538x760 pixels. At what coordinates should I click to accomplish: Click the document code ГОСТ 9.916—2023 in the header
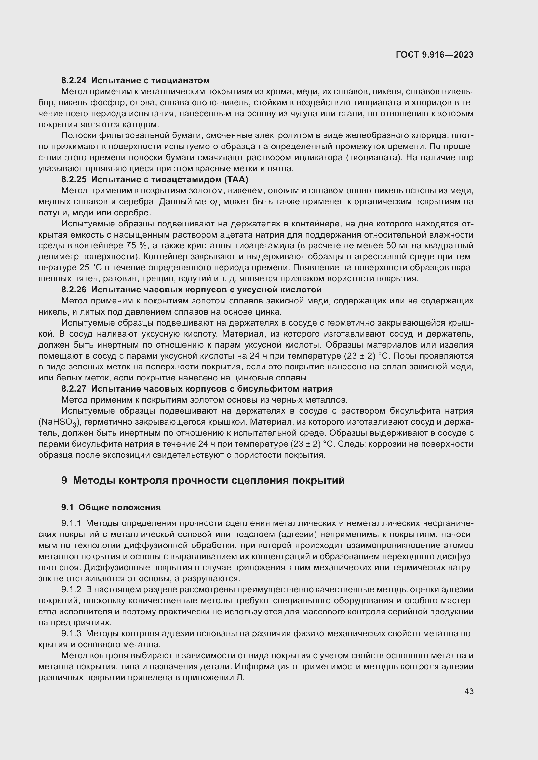[x=434, y=55]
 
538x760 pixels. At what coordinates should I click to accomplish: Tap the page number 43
[x=469, y=691]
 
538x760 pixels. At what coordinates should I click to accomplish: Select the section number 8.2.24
[x=74, y=81]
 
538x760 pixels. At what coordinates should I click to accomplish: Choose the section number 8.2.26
[x=74, y=290]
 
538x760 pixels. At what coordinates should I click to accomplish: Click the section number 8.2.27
[x=74, y=389]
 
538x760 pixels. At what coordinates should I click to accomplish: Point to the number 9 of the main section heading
[x=64, y=480]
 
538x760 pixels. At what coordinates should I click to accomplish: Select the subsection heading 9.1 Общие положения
[x=111, y=508]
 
